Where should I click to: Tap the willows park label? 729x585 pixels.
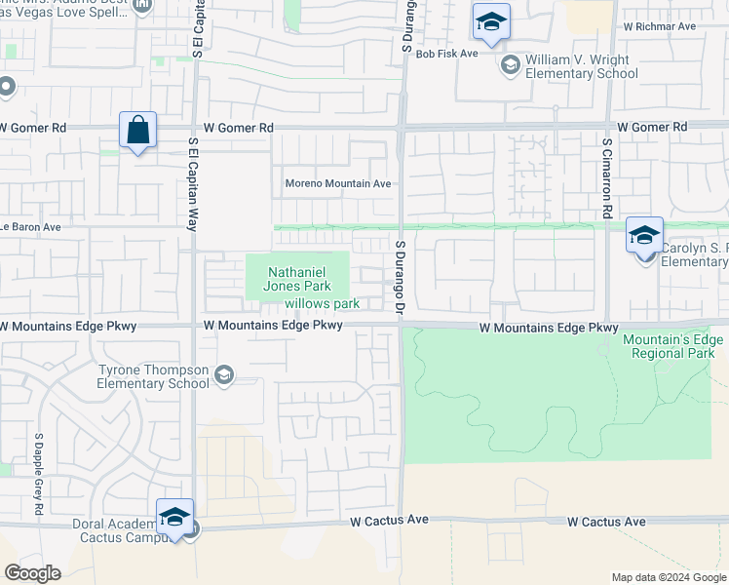coord(322,303)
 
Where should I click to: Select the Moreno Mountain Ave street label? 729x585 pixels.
coord(337,183)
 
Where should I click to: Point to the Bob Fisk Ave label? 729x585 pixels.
coord(446,54)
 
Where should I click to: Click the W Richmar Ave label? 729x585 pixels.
coord(660,26)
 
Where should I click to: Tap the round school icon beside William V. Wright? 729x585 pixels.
coord(510,65)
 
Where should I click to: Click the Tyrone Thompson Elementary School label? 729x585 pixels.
coord(154,376)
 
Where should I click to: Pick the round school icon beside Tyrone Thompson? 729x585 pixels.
coord(224,376)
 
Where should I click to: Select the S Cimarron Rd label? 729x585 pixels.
coord(606,176)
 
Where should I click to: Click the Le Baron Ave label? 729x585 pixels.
coord(31,227)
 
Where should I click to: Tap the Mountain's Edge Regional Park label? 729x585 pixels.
coord(673,345)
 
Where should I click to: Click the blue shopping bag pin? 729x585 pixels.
coord(137,131)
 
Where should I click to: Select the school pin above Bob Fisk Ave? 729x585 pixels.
coord(491,22)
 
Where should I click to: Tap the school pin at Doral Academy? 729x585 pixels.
coord(174,517)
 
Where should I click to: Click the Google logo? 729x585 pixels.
coord(32,573)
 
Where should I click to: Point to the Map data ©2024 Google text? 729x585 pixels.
coord(668,577)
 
